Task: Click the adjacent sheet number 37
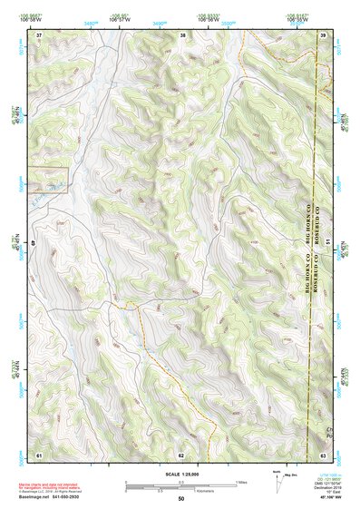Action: coord(39,34)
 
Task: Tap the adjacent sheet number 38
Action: coord(182,34)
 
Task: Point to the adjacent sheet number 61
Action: coord(39,453)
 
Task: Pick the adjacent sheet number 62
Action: coord(181,453)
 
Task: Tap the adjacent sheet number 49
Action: coord(35,243)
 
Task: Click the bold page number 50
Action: coord(181,498)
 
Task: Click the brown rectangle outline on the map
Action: coord(48,181)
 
